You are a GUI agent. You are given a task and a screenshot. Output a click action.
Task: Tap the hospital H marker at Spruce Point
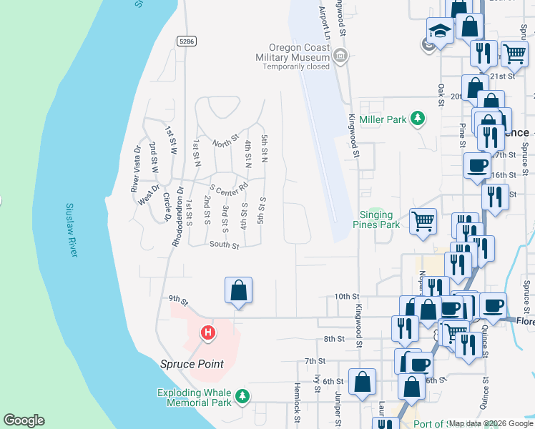coord(207,332)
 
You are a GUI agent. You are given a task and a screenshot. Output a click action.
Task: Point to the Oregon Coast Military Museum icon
coord(340,55)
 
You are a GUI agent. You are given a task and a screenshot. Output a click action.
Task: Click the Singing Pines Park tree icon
coord(380,214)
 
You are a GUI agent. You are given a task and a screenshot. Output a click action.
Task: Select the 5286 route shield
coord(187,41)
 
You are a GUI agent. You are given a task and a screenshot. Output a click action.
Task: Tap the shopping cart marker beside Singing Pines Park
coord(423,221)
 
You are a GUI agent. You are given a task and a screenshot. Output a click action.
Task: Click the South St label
coord(224,245)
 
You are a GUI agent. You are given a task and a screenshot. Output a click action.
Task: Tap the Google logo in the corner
coord(24,420)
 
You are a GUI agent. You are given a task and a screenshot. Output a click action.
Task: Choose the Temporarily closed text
coord(295,66)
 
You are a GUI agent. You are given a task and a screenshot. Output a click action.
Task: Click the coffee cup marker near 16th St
coord(477,166)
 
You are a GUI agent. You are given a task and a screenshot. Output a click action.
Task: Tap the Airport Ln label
coord(322,21)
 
